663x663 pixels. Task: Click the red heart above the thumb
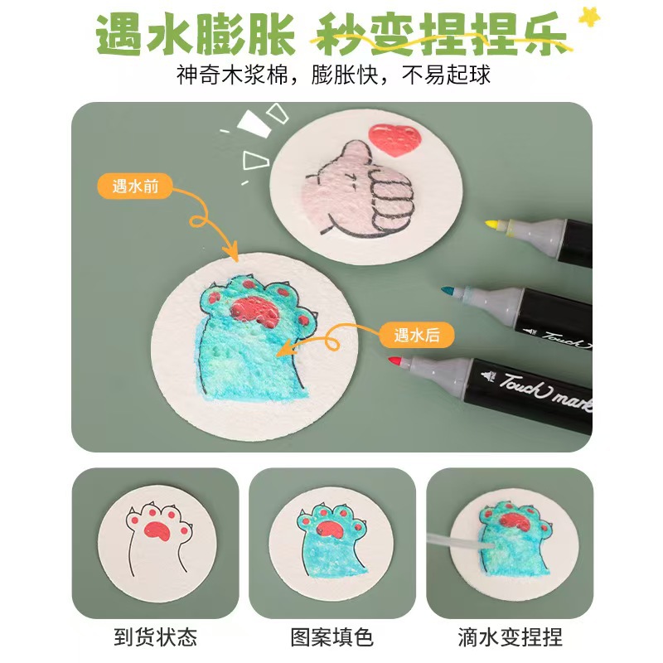(x=390, y=139)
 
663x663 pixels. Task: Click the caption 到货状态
(x=155, y=637)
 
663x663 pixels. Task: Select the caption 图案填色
(x=331, y=637)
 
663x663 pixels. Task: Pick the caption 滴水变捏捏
(x=509, y=637)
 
